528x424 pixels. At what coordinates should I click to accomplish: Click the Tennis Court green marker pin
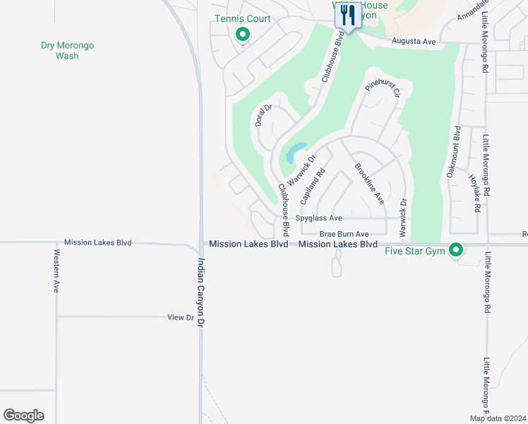(243, 33)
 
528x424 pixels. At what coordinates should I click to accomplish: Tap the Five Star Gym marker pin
(456, 249)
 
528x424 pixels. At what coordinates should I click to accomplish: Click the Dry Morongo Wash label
(67, 50)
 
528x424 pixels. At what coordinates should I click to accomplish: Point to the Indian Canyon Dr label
(200, 291)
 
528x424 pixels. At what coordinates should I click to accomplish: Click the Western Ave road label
(56, 270)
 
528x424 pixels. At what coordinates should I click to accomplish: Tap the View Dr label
(181, 318)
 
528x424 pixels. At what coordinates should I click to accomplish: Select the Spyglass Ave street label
(318, 218)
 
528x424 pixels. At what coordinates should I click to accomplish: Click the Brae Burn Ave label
(344, 234)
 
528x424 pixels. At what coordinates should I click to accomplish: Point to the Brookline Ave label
(368, 184)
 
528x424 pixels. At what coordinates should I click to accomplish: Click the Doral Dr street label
(263, 115)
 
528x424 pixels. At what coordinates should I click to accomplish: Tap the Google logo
(23, 416)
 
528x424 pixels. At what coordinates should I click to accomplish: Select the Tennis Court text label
(243, 18)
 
